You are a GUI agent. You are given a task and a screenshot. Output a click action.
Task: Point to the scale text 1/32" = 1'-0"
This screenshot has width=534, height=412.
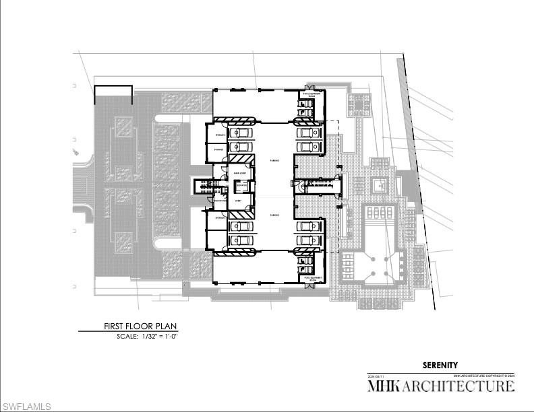click(x=158, y=335)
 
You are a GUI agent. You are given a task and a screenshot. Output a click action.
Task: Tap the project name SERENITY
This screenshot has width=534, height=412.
click(x=440, y=366)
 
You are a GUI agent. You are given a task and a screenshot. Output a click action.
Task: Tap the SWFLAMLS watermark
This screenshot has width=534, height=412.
click(x=26, y=406)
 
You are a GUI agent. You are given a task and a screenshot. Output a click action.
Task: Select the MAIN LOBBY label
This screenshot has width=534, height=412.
click(x=239, y=173)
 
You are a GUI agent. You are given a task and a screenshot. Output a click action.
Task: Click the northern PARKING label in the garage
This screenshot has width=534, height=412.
click(x=275, y=161)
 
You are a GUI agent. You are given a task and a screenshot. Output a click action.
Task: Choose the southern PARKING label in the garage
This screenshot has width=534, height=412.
click(x=275, y=214)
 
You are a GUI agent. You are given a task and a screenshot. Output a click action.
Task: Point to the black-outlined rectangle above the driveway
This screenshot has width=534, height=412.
click(x=113, y=94)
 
